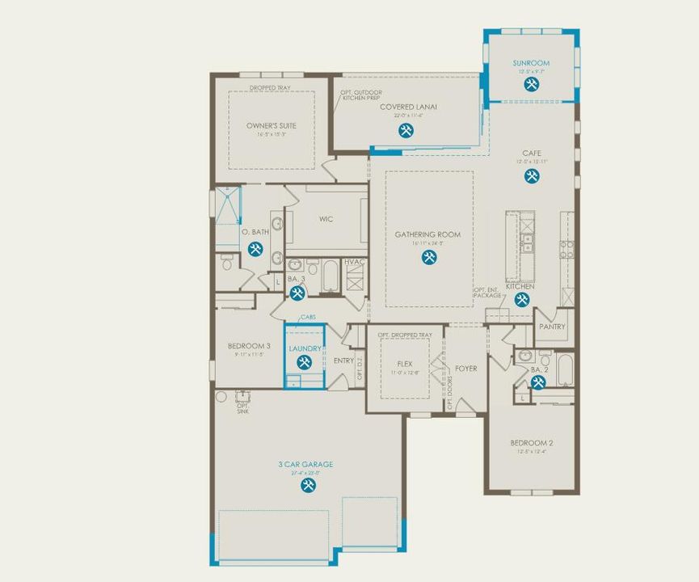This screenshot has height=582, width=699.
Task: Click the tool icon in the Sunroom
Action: click(530, 84)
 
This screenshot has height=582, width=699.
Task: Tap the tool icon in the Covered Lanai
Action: click(406, 131)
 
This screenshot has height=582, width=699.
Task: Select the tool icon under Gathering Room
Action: click(428, 257)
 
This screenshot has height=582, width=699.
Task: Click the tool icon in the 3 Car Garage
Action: click(308, 485)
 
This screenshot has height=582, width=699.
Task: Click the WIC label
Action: click(326, 219)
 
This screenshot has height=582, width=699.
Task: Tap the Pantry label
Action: click(553, 327)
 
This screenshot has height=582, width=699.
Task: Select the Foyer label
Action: click(466, 369)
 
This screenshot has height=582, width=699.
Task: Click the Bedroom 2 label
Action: click(531, 443)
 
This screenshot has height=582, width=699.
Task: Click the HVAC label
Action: click(354, 262)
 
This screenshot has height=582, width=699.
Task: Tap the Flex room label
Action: click(405, 365)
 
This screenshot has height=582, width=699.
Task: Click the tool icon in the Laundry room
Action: click(305, 363)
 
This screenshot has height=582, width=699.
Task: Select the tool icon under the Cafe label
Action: click(532, 175)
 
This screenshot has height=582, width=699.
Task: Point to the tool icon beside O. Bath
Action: click(255, 249)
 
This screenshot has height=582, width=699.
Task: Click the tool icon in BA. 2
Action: click(538, 382)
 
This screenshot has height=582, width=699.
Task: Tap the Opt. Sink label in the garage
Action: click(242, 408)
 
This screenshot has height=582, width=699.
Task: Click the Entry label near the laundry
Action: click(343, 361)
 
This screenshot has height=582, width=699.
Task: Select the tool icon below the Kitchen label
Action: click(522, 300)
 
